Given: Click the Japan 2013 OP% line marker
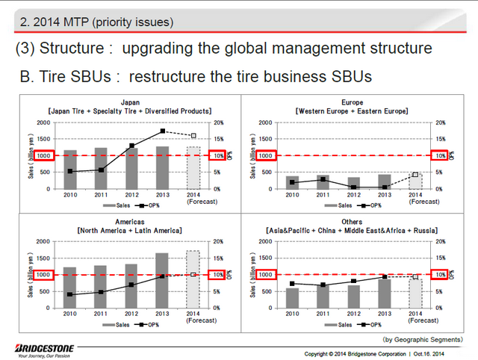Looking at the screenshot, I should [162, 131].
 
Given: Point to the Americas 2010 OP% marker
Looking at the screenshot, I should [69, 294].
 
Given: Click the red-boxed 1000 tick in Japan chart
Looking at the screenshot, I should [43, 155].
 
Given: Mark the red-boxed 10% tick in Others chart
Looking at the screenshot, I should [441, 275].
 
